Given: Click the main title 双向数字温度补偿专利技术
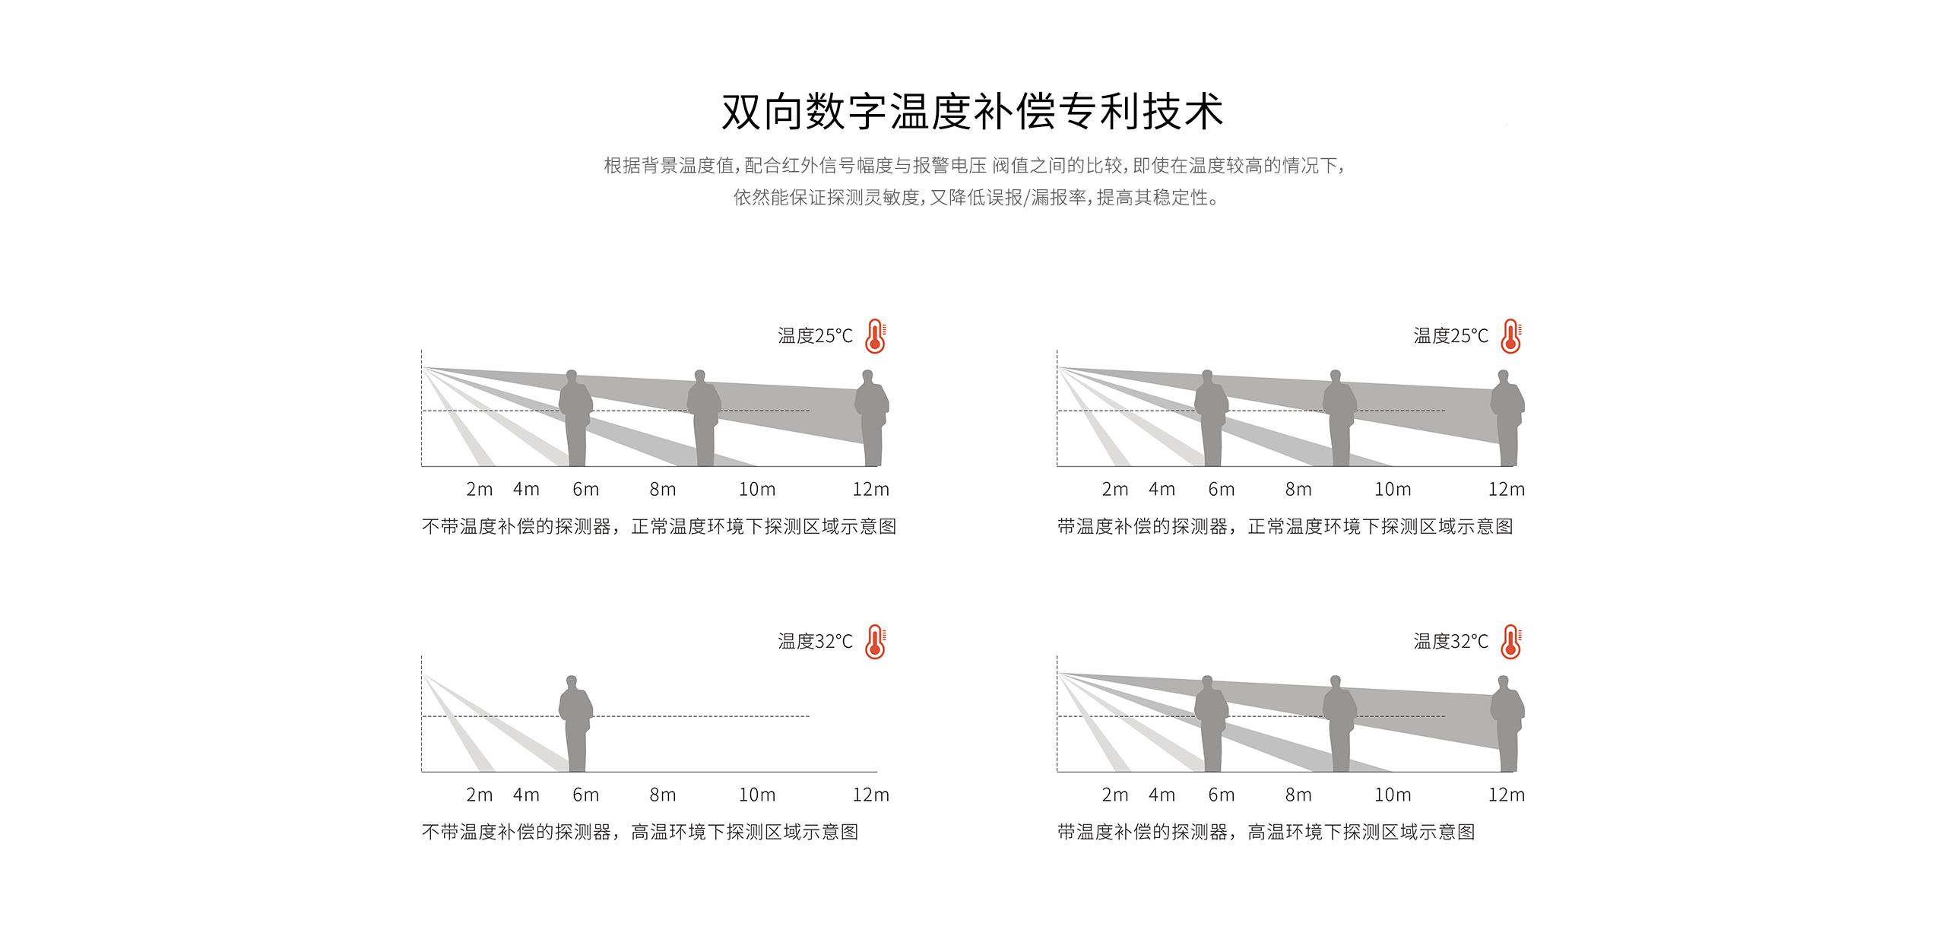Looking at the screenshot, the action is (x=972, y=112).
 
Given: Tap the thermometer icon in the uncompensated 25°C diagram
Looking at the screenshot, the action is (x=876, y=336).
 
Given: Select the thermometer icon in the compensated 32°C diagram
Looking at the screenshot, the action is (x=1511, y=642).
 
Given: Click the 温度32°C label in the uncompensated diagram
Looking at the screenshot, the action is (x=815, y=642).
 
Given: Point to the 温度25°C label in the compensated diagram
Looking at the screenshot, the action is (x=1450, y=336).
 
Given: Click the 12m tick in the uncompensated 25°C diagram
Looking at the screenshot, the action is (x=870, y=490).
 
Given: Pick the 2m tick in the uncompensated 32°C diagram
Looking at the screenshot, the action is (x=480, y=795).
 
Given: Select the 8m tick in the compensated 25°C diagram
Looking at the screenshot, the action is (x=1298, y=490).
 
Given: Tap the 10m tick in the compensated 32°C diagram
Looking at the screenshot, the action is (x=1393, y=795).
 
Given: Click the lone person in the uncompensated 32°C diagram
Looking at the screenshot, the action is (x=575, y=724).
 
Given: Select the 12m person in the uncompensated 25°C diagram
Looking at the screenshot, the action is (x=872, y=418).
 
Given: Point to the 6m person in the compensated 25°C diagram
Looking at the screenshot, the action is (x=1212, y=418).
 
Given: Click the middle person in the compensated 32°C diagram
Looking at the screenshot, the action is (x=1340, y=724).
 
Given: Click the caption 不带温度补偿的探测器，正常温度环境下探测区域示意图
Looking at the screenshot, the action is (x=659, y=527).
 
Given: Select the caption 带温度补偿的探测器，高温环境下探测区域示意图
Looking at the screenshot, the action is (x=1266, y=833).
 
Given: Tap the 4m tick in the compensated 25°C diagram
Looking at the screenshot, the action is (x=1162, y=490).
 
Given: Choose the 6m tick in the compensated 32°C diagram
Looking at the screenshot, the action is (x=1222, y=795).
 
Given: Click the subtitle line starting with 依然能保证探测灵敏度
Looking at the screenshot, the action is (x=976, y=198).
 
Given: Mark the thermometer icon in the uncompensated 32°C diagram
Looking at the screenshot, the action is (x=876, y=642).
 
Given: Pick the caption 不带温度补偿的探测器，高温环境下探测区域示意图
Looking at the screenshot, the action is (x=640, y=833).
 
